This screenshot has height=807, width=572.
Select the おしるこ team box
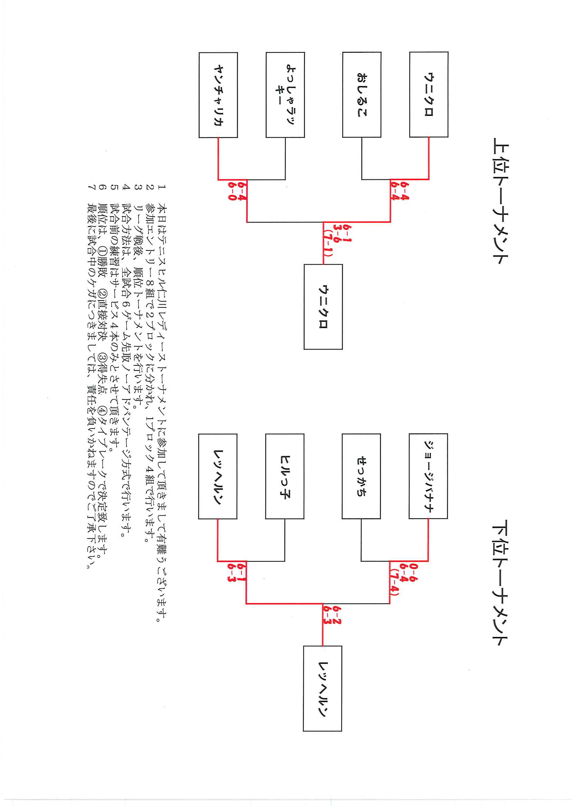coord(362,95)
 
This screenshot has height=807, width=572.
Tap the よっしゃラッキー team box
coord(285,95)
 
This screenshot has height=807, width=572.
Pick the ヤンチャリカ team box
coord(218,95)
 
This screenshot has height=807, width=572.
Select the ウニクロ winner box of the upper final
coord(323,307)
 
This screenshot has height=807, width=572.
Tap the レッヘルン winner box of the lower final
coord(322,688)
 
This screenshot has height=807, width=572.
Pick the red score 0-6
coord(414,572)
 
